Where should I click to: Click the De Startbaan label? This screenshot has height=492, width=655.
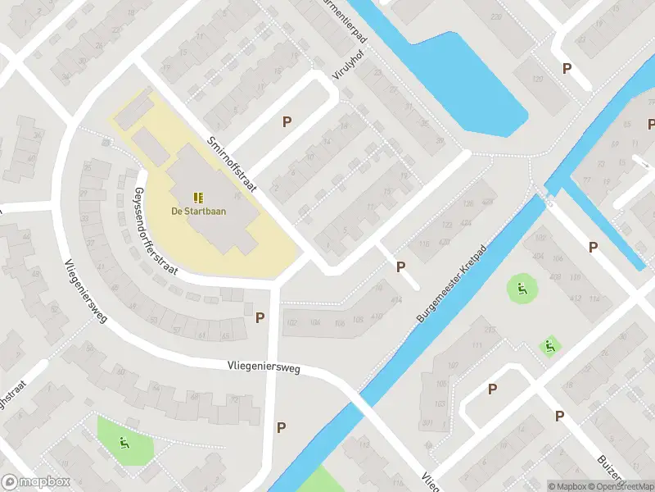pyautogui.click(x=199, y=211)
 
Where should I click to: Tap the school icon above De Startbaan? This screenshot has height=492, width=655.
pyautogui.click(x=198, y=197)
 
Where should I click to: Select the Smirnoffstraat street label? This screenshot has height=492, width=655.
pyautogui.click(x=233, y=164)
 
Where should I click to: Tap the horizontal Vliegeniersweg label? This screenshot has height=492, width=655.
pyautogui.click(x=264, y=368)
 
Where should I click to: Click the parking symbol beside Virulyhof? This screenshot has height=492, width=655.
pyautogui.click(x=287, y=122)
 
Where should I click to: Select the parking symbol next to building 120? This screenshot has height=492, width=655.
pyautogui.click(x=566, y=69)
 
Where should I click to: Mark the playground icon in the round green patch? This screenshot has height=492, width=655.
pyautogui.click(x=520, y=288)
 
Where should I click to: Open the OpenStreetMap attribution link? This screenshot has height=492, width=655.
pyautogui.click(x=620, y=486)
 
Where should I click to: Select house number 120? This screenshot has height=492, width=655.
pyautogui.click(x=538, y=79)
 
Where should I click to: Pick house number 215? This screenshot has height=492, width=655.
pyautogui.click(x=490, y=330)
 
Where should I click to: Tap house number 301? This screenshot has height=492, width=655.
pyautogui.click(x=427, y=424)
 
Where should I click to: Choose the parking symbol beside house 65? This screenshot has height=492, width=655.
pyautogui.click(x=260, y=317)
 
